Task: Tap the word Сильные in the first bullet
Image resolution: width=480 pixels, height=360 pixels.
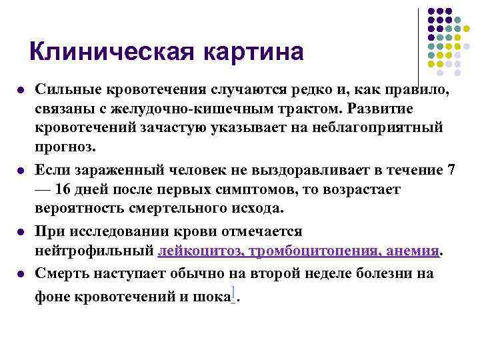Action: (66, 89)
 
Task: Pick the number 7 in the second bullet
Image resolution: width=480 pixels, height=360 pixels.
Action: (451, 170)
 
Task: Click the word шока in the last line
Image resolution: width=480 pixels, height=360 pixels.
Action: (210, 297)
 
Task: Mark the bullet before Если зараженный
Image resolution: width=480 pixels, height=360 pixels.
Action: (23, 171)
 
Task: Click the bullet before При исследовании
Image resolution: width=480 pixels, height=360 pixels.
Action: (23, 232)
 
